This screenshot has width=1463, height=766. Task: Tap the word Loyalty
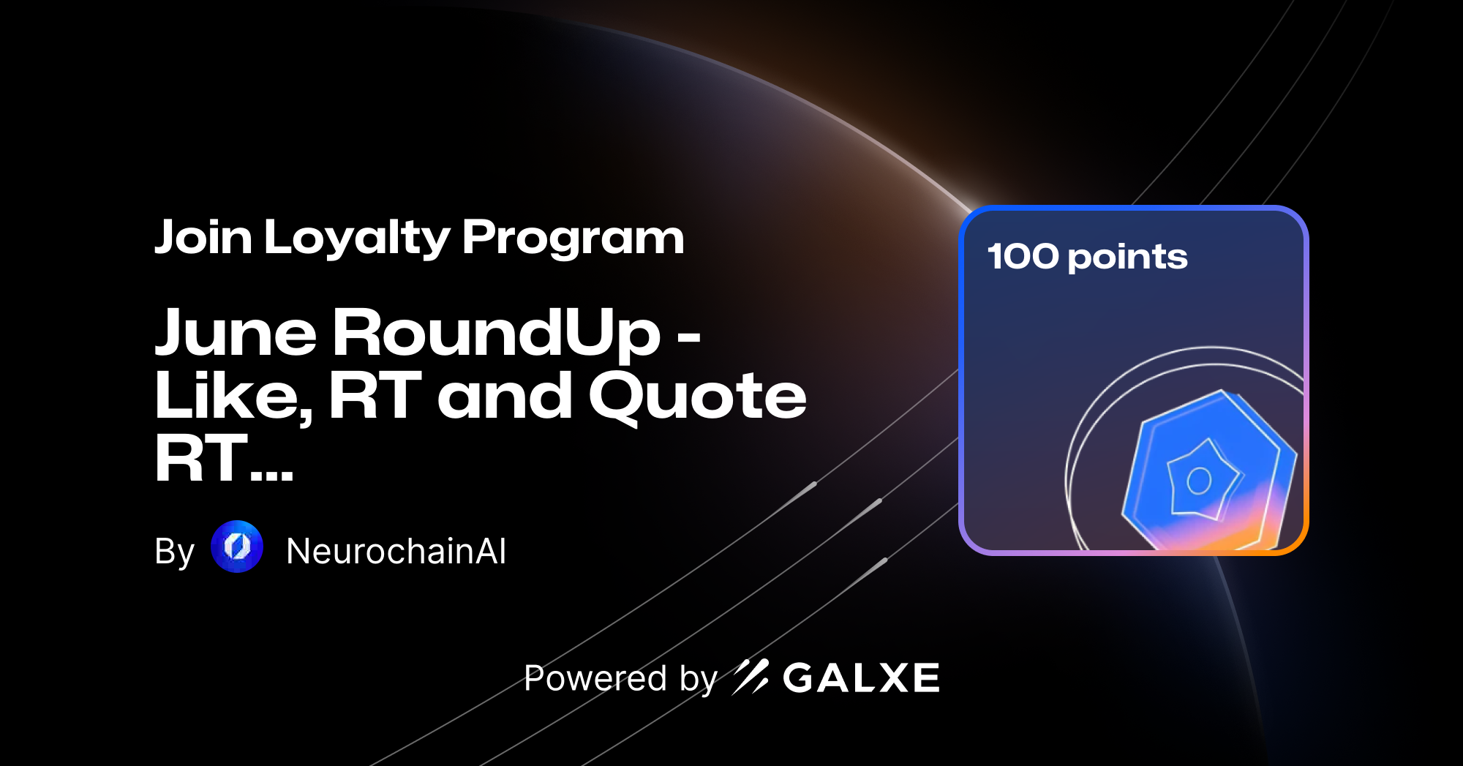(357, 238)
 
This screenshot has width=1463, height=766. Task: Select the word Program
(573, 238)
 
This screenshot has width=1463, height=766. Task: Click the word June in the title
(236, 334)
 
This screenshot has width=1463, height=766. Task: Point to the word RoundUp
(497, 334)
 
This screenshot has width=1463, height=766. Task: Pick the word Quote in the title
(697, 397)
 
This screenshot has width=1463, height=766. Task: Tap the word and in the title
(505, 397)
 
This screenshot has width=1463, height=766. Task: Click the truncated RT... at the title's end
(224, 459)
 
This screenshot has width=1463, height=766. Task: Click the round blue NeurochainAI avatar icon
(237, 547)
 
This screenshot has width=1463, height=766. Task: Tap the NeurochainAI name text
(396, 551)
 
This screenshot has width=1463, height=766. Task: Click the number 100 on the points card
(1023, 256)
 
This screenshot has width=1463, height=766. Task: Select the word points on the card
(1127, 258)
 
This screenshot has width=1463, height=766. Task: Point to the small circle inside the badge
(1199, 481)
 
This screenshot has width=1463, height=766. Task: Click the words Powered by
(620, 678)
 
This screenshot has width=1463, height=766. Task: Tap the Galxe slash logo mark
(751, 677)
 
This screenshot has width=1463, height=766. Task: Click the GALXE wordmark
(861, 678)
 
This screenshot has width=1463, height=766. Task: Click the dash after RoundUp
(689, 338)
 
